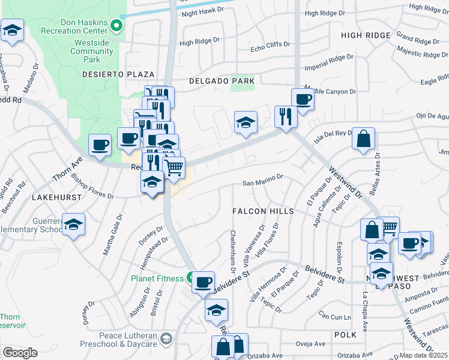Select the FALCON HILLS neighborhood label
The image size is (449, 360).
coord(264,211)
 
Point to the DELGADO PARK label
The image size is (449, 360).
coord(221,80)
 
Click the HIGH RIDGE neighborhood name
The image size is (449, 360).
coord(366,35)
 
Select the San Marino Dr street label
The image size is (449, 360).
coord(262,178)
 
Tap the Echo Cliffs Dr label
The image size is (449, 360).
coord(270,45)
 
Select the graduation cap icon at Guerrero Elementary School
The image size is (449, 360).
coord(73,224)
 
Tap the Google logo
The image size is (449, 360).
coord(20,352)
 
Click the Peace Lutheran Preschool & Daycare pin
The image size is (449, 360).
coord(166,339)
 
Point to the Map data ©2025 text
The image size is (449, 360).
coord(423,355)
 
